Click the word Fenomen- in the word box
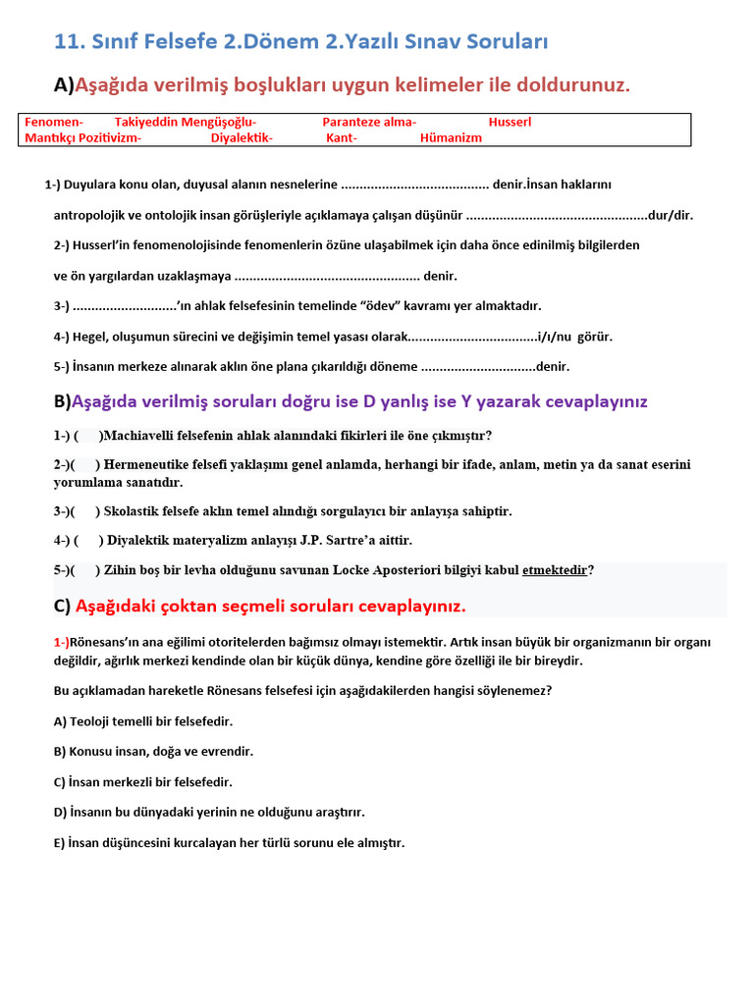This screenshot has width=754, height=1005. (x=54, y=122)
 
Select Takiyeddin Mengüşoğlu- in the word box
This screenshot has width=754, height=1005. (x=186, y=122)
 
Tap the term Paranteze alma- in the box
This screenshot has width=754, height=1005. (x=369, y=122)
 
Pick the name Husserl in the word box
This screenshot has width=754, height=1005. (x=510, y=122)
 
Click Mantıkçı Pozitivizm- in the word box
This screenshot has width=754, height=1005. (x=83, y=137)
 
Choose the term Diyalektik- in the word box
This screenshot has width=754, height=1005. (x=242, y=137)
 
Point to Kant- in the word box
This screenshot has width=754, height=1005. (x=342, y=137)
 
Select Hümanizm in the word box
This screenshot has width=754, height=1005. (x=451, y=137)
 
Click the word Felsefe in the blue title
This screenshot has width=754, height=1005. (x=183, y=41)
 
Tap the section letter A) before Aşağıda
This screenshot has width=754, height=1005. (x=64, y=85)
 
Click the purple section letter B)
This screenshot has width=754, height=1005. (x=63, y=401)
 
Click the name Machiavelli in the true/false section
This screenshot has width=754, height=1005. (x=142, y=435)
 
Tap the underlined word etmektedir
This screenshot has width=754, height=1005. (x=555, y=569)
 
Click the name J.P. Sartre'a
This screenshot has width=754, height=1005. (x=363, y=540)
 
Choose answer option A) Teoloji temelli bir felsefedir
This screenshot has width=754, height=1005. (x=143, y=721)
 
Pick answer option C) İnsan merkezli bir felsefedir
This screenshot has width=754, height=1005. (x=143, y=782)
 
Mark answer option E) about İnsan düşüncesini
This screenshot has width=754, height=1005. (x=229, y=843)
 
